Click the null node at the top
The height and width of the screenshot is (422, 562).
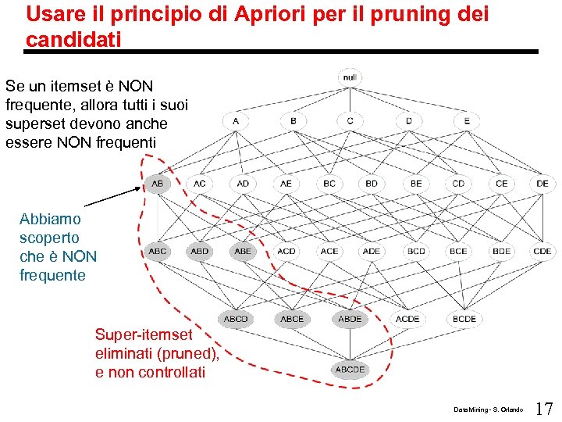[x=350, y=77]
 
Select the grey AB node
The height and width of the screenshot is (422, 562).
[x=157, y=184]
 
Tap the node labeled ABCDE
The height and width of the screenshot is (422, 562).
[x=350, y=370]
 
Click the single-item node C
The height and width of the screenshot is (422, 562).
[x=350, y=121]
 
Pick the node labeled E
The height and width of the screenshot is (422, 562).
[x=466, y=121]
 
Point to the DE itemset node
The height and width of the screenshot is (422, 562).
[x=542, y=184]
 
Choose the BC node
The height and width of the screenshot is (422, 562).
[x=329, y=184]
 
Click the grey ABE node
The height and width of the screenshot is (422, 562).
[x=243, y=252]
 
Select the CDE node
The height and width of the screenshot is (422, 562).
[x=542, y=252]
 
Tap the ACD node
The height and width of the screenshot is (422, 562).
[x=286, y=252]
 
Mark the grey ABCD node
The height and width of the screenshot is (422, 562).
[x=235, y=319]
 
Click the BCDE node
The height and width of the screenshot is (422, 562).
[x=464, y=319]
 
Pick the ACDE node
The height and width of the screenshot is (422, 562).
[x=407, y=319]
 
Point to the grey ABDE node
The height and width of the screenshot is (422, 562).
[x=350, y=319]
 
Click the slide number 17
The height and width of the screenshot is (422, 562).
[x=545, y=408]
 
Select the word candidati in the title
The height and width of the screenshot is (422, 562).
[x=73, y=39]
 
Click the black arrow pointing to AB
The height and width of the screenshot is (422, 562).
[x=113, y=195]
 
